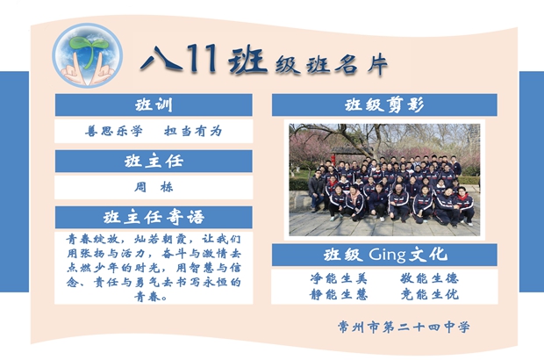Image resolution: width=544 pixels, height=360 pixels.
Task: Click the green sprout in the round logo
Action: coord(88,49)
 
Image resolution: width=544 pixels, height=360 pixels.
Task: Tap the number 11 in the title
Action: coord(201,58)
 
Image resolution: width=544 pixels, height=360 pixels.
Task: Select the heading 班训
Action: coord(154,104)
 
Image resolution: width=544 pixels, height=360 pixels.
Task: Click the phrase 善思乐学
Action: coord(114,131)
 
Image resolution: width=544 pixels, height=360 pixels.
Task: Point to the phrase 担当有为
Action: coord(193,131)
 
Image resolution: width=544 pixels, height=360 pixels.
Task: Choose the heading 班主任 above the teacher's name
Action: coord(154,161)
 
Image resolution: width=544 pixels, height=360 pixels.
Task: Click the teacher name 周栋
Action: coord(154,187)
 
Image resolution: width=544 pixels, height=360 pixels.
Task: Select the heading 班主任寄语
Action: coord(154,218)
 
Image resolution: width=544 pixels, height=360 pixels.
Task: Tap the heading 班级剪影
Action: coord(384,104)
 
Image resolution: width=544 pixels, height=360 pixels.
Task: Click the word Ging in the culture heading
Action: coord(387,255)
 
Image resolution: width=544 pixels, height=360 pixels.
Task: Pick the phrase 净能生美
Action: coord(339,278)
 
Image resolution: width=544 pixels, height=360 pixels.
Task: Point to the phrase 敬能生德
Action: coord(430,278)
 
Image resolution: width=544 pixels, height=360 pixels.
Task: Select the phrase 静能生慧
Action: coord(339,294)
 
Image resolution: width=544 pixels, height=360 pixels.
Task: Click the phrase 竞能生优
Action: coord(430,294)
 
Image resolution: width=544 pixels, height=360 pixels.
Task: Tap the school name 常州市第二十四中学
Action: coord(404,327)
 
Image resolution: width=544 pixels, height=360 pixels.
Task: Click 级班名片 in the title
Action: coord(332,64)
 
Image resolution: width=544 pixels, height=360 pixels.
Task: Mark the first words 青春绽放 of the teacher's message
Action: coord(93,239)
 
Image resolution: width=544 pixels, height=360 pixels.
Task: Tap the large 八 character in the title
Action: coord(161,59)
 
